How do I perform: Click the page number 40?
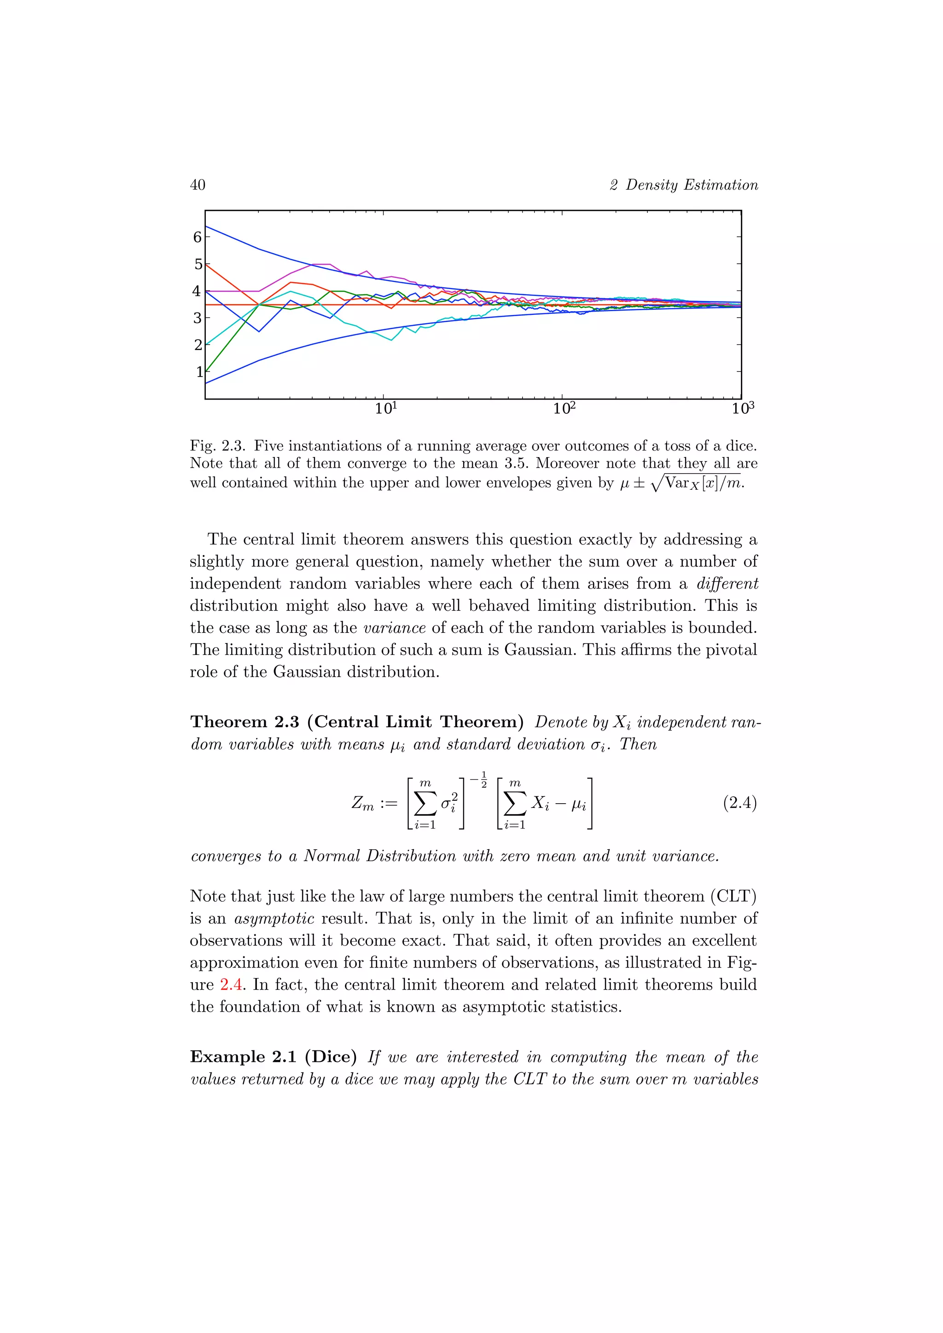coord(198,185)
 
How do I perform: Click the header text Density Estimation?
coord(691,185)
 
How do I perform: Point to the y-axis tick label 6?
coord(198,237)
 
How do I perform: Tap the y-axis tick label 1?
coord(199,371)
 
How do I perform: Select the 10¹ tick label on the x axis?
coord(385,408)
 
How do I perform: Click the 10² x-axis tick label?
coord(564,408)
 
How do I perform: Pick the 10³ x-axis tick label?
coord(743,408)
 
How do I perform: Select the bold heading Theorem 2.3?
coord(244,722)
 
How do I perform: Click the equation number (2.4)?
coord(739,803)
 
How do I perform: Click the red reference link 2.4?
coord(231,985)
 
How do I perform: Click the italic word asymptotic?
coord(274,918)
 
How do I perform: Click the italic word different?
coord(727,584)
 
